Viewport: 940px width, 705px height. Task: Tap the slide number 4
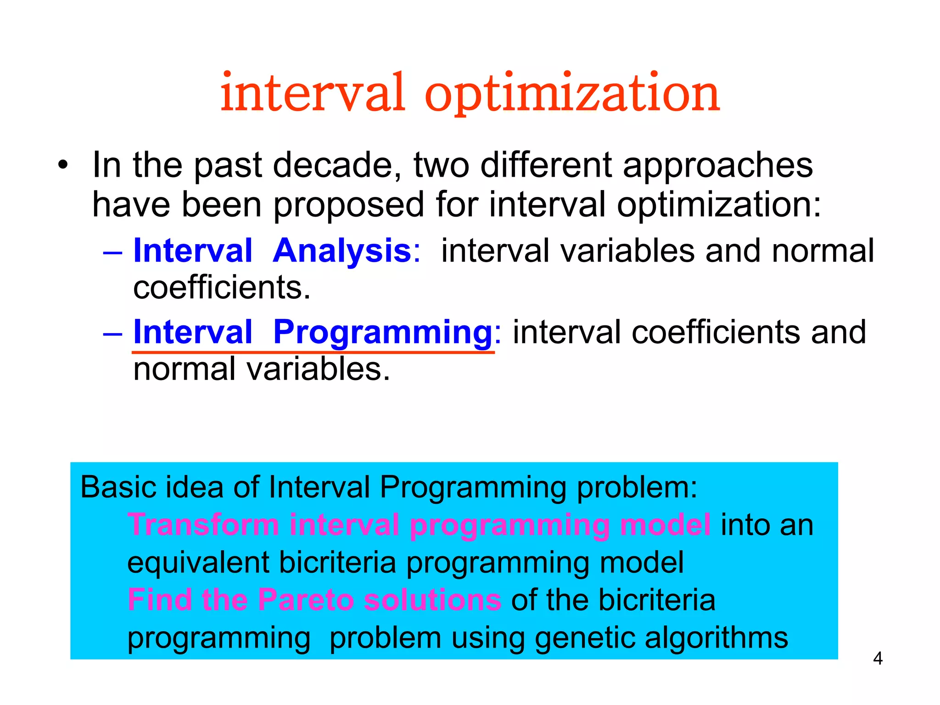click(x=878, y=659)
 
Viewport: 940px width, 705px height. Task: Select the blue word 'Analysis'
click(x=342, y=251)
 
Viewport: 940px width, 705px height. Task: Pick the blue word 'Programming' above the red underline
click(x=382, y=332)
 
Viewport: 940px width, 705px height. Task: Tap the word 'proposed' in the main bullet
click(x=349, y=205)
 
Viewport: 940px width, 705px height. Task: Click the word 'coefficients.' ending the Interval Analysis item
click(x=222, y=288)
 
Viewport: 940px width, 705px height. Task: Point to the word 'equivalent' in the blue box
click(x=198, y=563)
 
